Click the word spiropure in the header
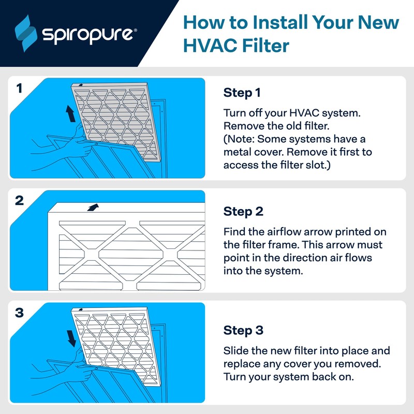coord(88,34)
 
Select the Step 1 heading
coord(242,93)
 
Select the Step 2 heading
coord(243,212)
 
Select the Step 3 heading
coord(243,330)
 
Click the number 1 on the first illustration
coord(19,88)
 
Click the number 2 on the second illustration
coord(19,201)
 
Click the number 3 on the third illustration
coord(19,313)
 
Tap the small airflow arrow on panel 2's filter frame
coord(93,207)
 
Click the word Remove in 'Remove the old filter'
coord(242,126)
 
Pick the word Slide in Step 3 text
coord(235,351)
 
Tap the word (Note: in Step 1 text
coord(239,139)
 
